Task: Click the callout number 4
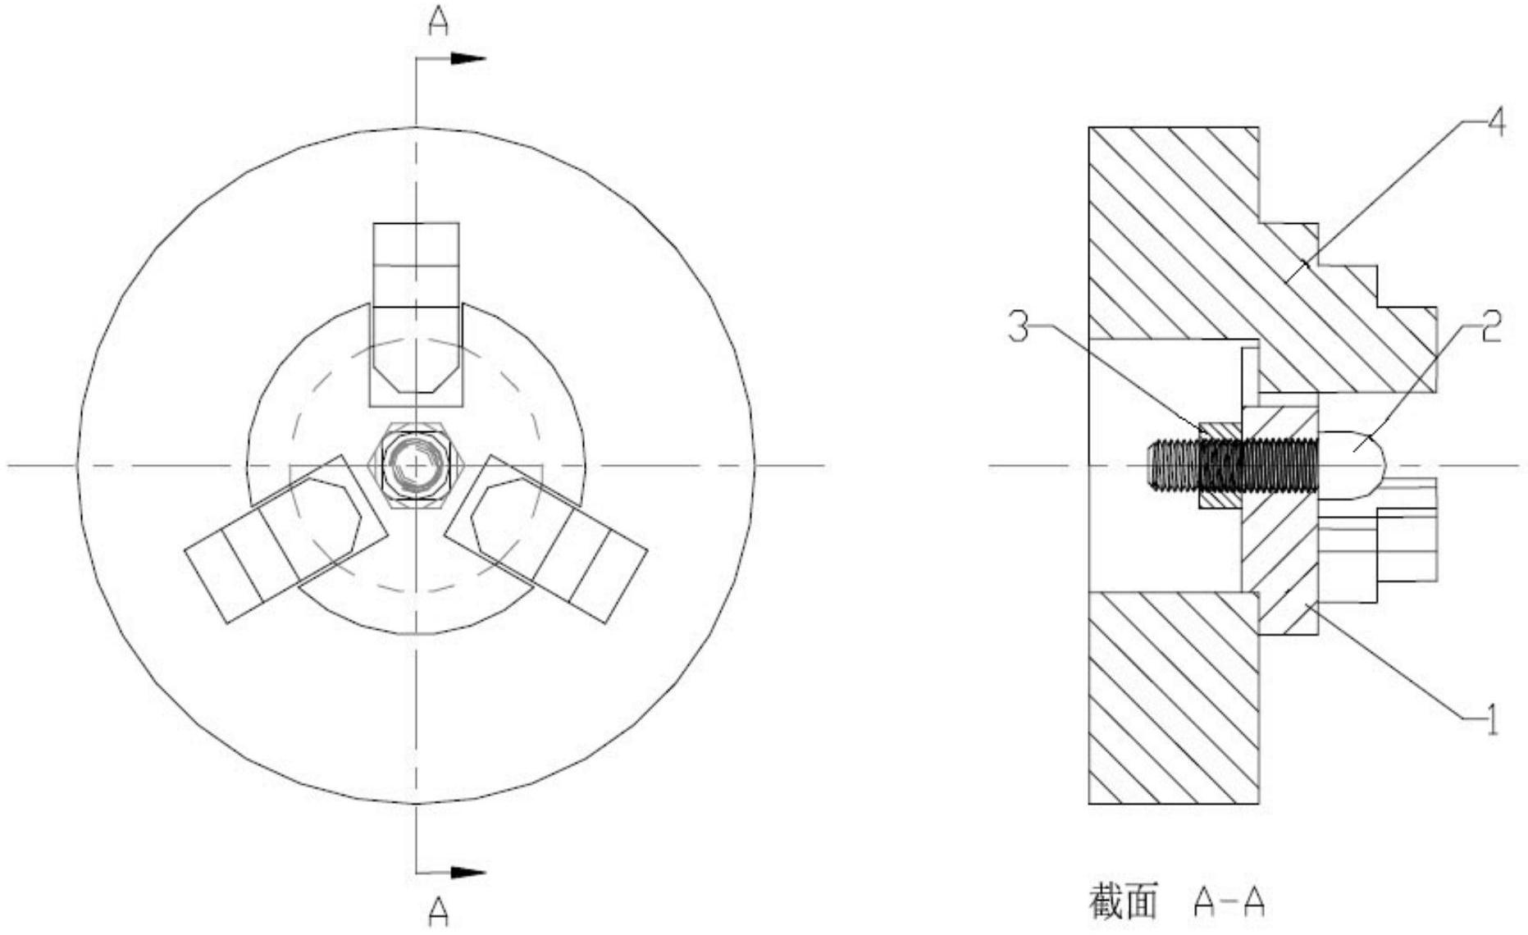click(x=1497, y=125)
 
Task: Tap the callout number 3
click(x=1019, y=328)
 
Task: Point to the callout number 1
click(x=1492, y=719)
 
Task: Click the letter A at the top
click(x=439, y=22)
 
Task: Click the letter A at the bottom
click(x=439, y=911)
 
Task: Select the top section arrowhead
click(x=470, y=58)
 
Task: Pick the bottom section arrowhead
click(x=470, y=873)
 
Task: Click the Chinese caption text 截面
click(x=1123, y=901)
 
